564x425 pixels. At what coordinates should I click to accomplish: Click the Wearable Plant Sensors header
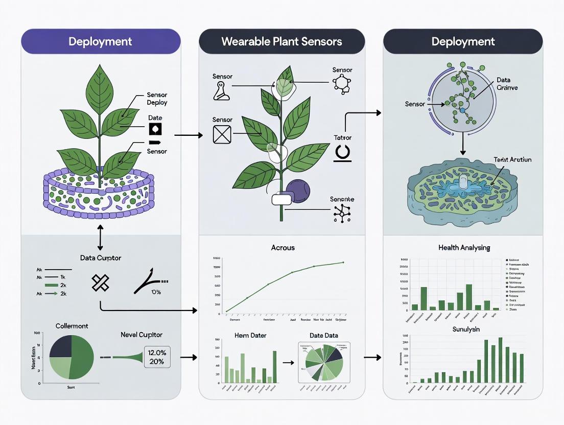[281, 41]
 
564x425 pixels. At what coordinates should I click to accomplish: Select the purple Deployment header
[100, 41]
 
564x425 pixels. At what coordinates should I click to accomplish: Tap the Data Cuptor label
[101, 258]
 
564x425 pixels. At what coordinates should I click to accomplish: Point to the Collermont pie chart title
[72, 325]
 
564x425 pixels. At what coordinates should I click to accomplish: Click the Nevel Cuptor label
[142, 335]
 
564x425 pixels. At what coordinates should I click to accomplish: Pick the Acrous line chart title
[283, 248]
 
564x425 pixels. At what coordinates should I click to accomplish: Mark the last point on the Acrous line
[343, 263]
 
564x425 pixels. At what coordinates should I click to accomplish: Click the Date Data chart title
[323, 335]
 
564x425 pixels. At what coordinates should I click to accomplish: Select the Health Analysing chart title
[464, 248]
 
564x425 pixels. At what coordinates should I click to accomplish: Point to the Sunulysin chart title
[466, 329]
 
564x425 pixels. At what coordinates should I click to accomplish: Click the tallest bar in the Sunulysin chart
[500, 360]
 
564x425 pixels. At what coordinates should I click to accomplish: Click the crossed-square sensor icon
[222, 134]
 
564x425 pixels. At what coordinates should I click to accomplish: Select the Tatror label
[343, 137]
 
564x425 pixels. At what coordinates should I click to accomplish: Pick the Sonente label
[342, 199]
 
